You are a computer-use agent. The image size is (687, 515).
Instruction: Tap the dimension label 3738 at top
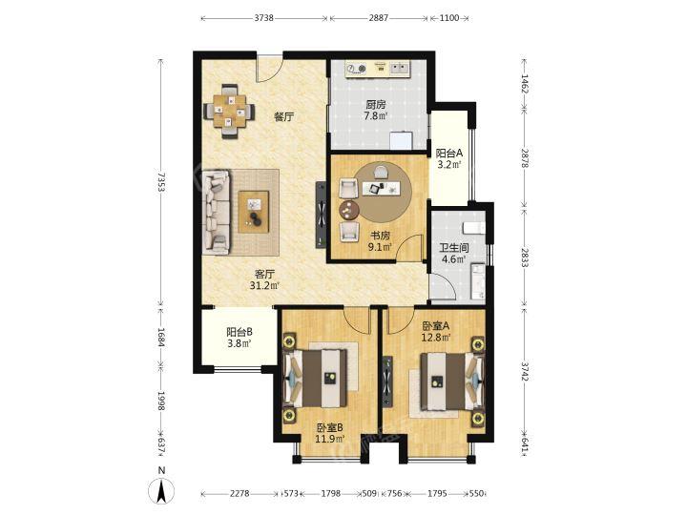(x=263, y=18)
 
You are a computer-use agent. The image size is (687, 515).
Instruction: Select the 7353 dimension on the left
(x=161, y=182)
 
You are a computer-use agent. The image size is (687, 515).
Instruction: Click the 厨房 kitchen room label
(x=376, y=105)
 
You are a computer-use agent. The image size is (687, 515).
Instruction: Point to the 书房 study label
(x=380, y=236)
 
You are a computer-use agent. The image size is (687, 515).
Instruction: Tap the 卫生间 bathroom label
(x=454, y=248)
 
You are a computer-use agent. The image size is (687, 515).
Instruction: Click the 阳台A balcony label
(x=449, y=154)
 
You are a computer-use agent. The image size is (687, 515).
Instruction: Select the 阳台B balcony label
(x=239, y=332)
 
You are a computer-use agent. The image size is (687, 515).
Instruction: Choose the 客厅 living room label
(x=264, y=275)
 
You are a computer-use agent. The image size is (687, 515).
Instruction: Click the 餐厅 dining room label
(x=283, y=117)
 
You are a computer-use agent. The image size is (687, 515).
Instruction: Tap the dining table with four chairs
(x=229, y=112)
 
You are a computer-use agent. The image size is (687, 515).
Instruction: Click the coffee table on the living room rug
(x=253, y=212)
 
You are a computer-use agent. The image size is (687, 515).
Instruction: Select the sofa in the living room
(x=216, y=213)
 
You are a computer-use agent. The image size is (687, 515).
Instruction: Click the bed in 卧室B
(x=317, y=378)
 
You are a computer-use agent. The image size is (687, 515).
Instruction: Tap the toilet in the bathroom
(x=473, y=228)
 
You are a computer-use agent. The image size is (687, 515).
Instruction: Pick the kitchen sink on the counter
(x=399, y=68)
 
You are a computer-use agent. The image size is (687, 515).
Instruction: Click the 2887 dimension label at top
(x=378, y=18)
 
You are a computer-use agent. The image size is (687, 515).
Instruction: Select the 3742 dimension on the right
(x=525, y=370)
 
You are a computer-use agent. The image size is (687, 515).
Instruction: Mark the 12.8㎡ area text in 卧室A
(x=436, y=338)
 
